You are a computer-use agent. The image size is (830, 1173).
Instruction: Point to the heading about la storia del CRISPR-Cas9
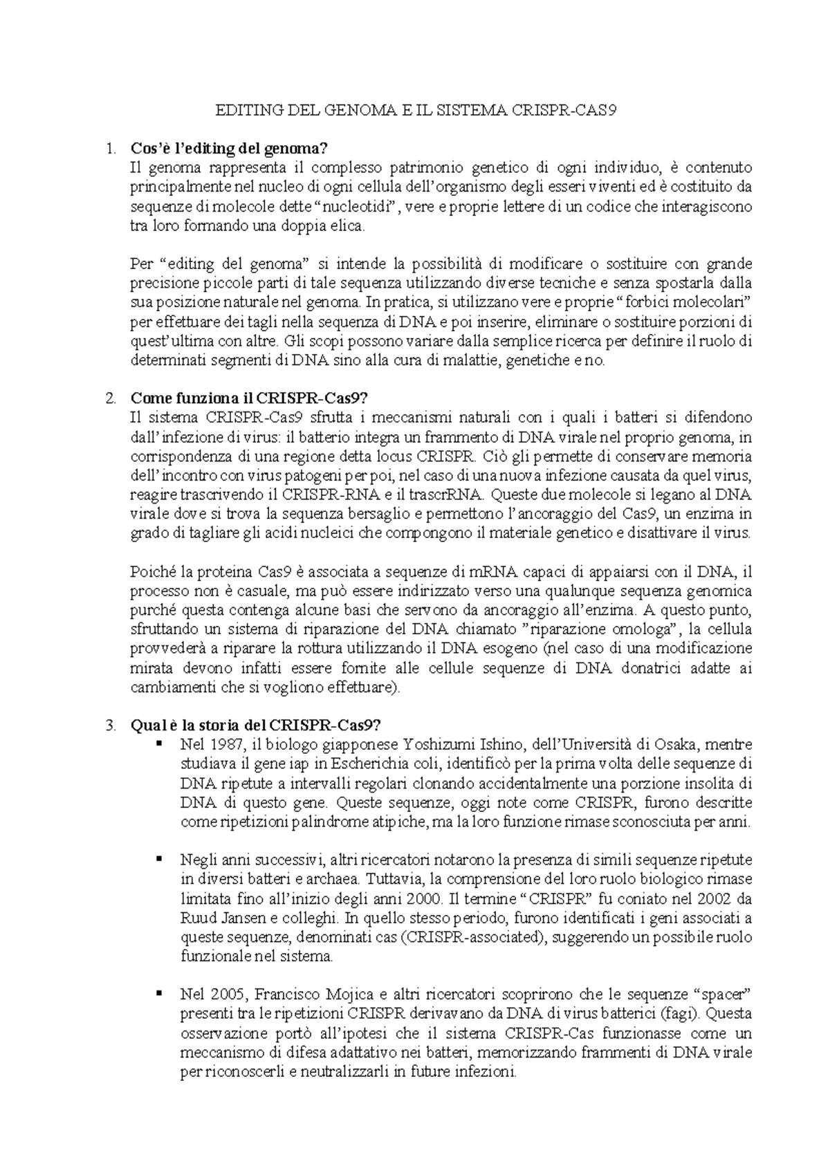pyautogui.click(x=255, y=726)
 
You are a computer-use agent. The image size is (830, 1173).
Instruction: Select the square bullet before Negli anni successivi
pyautogui.click(x=158, y=858)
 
